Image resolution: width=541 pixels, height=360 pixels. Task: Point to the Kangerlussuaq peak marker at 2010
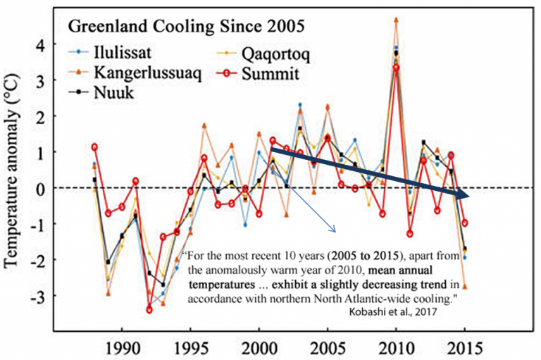(397, 20)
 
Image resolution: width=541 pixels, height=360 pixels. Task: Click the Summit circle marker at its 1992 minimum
(149, 309)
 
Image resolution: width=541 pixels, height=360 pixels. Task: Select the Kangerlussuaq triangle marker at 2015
(465, 287)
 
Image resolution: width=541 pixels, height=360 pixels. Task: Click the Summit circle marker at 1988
(94, 147)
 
